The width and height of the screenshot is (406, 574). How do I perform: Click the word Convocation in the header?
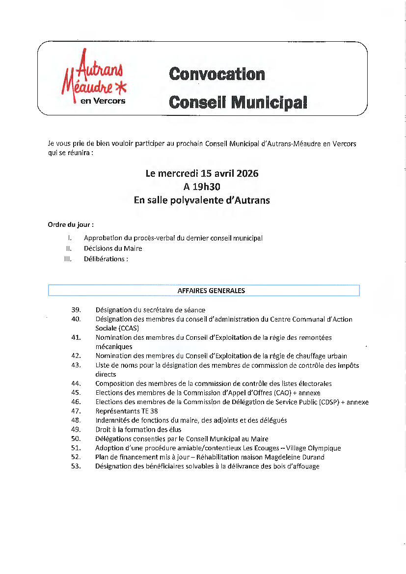(x=217, y=74)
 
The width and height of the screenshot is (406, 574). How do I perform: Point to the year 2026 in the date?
(x=247, y=173)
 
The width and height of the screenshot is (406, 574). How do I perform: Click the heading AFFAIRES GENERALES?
(x=211, y=291)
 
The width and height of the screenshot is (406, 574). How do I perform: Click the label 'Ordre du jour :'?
(x=71, y=225)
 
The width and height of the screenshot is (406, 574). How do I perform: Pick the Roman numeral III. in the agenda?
(x=68, y=259)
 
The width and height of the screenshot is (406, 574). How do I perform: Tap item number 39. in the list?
(x=76, y=310)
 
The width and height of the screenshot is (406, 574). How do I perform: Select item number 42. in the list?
(x=76, y=356)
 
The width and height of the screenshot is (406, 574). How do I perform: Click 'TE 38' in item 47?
(x=148, y=411)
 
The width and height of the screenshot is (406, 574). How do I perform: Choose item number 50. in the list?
(x=76, y=438)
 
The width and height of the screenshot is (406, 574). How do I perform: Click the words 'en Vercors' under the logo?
(x=103, y=101)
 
